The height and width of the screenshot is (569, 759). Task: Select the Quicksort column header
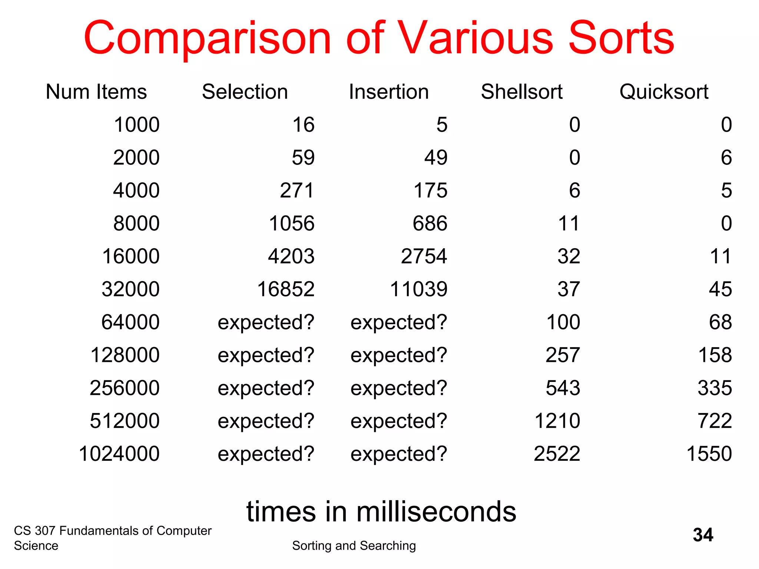pos(664,92)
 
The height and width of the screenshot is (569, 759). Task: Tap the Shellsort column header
pos(521,92)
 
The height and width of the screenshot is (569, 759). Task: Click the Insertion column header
pos(388,92)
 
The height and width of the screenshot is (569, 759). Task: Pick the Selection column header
pos(245,92)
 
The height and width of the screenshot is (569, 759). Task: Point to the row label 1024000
pos(119,454)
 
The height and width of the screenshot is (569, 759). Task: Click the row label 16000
pos(130,256)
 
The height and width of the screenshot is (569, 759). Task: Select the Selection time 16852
pos(286,289)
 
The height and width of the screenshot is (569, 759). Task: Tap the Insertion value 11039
pos(418,289)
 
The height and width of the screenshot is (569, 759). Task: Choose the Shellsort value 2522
pos(557,454)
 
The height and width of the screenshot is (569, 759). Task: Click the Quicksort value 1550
pos(709,454)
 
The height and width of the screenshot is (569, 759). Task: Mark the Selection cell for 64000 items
pos(266,322)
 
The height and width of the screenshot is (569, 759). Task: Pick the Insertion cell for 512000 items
pos(399,421)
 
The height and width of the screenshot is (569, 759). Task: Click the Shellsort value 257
pos(563,355)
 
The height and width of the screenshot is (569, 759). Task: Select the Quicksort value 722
pos(715,421)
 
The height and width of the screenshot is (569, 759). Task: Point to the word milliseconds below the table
pos(436,512)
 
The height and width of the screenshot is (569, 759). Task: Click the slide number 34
pos(703,535)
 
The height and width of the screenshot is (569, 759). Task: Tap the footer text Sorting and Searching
pos(354,546)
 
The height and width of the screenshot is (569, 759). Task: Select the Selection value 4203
pos(291,256)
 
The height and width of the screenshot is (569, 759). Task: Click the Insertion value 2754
pos(424,256)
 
